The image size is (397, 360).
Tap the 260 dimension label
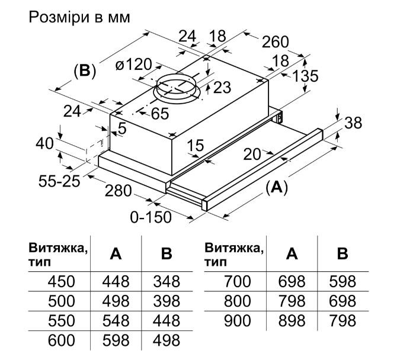pos(275,43)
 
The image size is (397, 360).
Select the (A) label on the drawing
pos(276,188)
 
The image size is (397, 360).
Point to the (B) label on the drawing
pos(84,72)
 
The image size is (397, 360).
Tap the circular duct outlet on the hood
pos(178,89)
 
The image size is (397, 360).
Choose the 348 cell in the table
pos(167,281)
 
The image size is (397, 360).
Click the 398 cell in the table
pos(167,301)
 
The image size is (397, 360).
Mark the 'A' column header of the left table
pos(116,254)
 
